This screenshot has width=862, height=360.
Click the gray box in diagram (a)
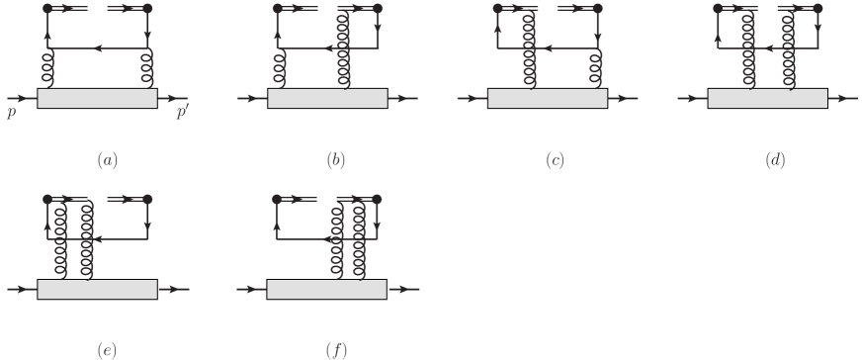pyautogui.click(x=97, y=99)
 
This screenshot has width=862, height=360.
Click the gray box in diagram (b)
pyautogui.click(x=327, y=99)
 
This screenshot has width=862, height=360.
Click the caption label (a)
pyautogui.click(x=107, y=158)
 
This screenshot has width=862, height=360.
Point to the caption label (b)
pyautogui.click(x=336, y=158)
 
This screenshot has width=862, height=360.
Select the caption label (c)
pyautogui.click(x=557, y=158)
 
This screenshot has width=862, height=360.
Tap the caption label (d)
pyautogui.click(x=777, y=158)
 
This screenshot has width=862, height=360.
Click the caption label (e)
pyautogui.click(x=107, y=348)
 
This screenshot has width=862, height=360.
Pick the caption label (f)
pyautogui.click(x=336, y=348)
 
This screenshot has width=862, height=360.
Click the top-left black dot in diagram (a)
pyautogui.click(x=47, y=9)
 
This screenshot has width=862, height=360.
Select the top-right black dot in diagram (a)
pyautogui.click(x=147, y=9)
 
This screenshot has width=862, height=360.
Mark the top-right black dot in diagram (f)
pyautogui.click(x=377, y=199)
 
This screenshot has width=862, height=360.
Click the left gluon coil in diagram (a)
pyautogui.click(x=47, y=70)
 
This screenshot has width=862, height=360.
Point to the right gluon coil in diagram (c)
pyautogui.click(x=597, y=70)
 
